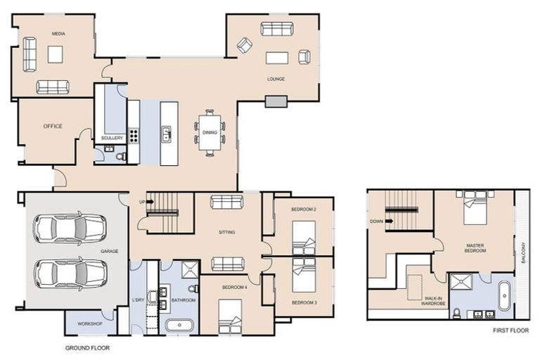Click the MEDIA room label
[x=58, y=33]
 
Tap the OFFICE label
[x=53, y=127]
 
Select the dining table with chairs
[x=210, y=132]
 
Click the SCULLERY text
[x=112, y=138]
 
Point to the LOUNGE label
[x=276, y=79]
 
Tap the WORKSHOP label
[x=91, y=323]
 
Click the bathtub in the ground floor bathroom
[x=181, y=325]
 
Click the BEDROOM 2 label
[x=304, y=210]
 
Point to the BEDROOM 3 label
[x=304, y=302]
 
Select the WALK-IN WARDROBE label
[x=433, y=301]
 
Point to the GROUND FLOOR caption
[x=87, y=347]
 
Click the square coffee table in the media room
[x=56, y=54]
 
